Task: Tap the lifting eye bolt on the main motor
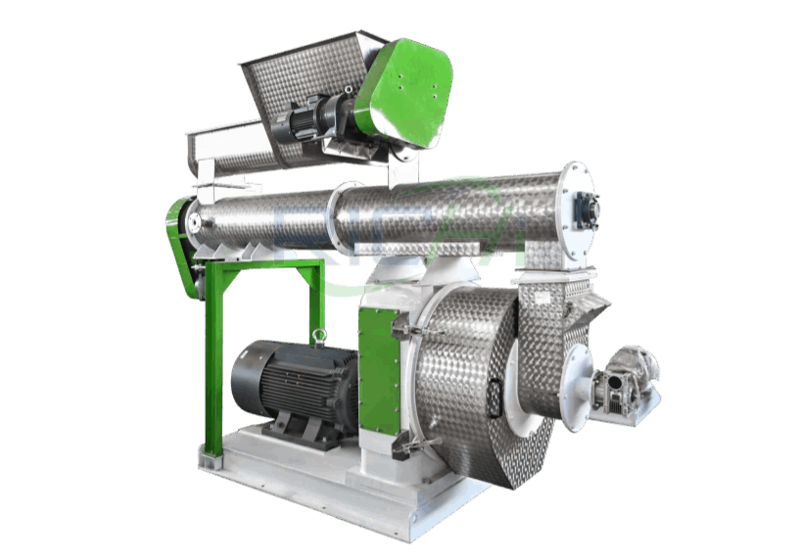[x=317, y=338]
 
